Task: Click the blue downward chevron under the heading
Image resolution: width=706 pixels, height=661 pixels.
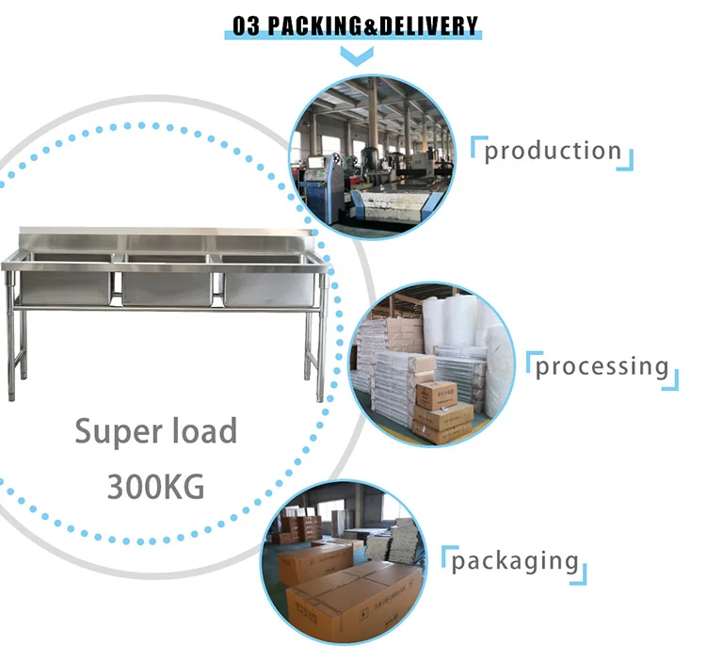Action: point(353,56)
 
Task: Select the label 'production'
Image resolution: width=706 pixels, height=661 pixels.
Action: point(553,151)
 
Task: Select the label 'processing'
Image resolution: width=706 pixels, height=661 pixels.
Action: point(602,366)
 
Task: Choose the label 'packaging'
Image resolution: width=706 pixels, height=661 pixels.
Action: point(514,562)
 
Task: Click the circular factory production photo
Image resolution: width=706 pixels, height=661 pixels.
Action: point(372,157)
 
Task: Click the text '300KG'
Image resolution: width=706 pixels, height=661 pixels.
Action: point(155,487)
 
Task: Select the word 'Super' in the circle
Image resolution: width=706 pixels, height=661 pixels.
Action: point(114,432)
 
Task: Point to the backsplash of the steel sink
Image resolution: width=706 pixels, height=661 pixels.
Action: point(169,236)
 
